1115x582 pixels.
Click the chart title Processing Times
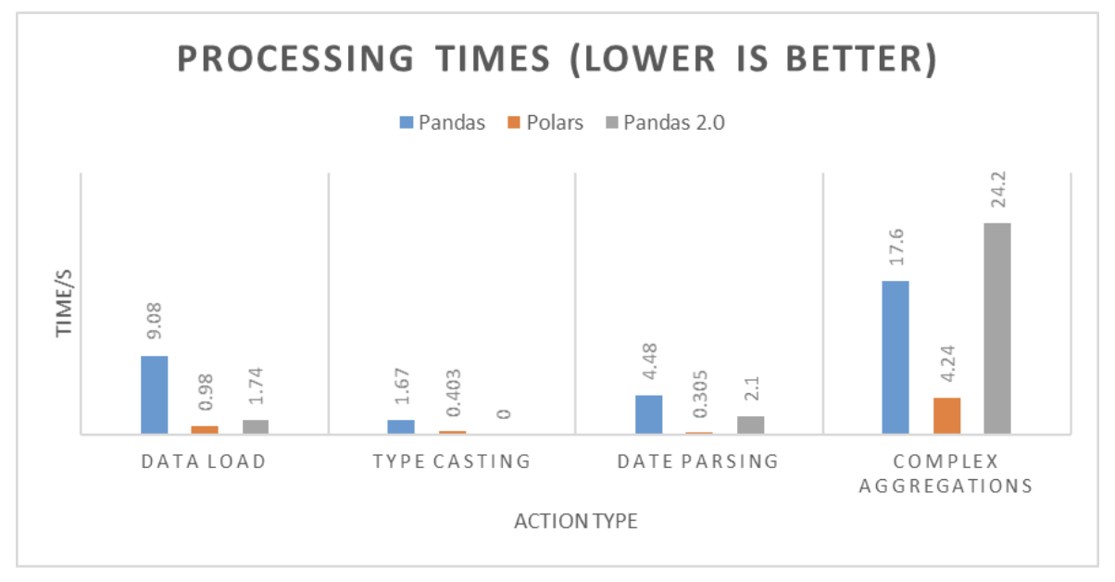[x=557, y=60]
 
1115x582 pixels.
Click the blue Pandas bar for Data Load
[x=155, y=395]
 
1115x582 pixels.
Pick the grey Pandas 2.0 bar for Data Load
[x=256, y=426]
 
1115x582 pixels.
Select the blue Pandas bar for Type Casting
[x=401, y=426]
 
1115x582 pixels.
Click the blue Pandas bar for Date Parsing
[x=649, y=414]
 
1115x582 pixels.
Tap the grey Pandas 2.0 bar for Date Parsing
[x=750, y=424]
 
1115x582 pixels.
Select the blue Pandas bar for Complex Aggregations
[x=896, y=357]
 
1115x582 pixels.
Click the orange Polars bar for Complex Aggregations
[x=946, y=415]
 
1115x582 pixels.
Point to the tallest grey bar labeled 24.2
[x=997, y=328]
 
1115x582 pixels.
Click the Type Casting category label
[x=452, y=462]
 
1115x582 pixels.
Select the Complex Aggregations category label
[x=946, y=474]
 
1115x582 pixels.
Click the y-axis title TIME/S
[x=63, y=303]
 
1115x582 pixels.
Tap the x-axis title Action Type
[x=575, y=522]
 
